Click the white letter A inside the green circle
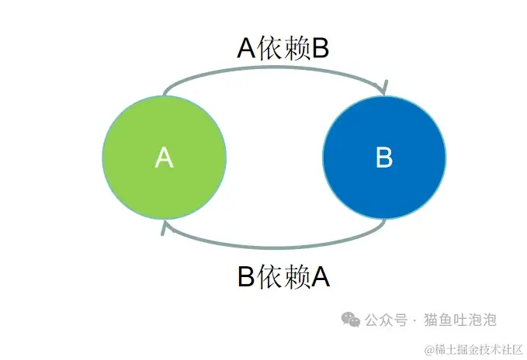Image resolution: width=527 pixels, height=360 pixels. (164, 157)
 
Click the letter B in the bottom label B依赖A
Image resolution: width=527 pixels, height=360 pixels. (246, 276)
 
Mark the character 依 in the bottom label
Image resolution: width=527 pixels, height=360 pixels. (271, 276)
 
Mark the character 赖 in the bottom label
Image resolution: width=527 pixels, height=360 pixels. (296, 276)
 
